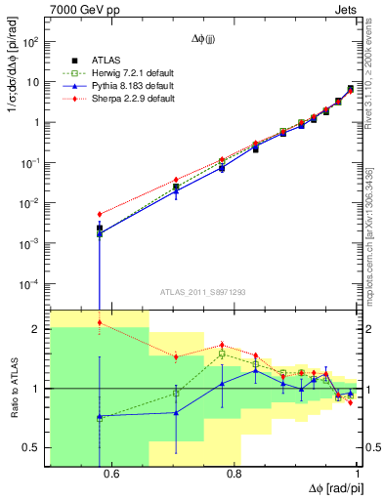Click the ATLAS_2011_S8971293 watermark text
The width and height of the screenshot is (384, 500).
[203, 291]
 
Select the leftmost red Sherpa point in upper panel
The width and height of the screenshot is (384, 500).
[100, 214]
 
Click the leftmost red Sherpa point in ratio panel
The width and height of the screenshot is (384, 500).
[100, 322]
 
